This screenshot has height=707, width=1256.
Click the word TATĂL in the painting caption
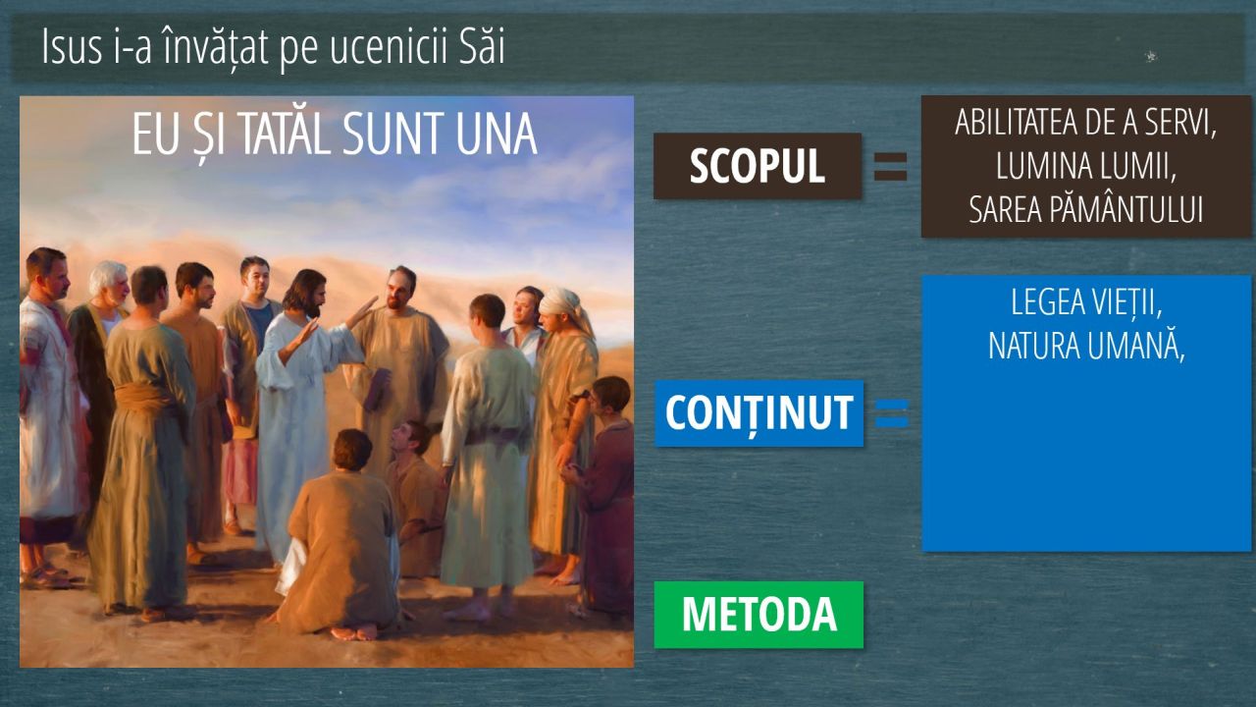pos(286,135)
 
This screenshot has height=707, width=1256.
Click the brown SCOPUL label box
pos(758,166)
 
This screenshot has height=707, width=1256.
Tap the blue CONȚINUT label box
pos(759,413)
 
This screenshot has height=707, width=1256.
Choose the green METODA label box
pos(759,615)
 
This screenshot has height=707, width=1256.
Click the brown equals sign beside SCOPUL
pos(890,167)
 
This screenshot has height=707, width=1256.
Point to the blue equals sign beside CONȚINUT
pos(892,413)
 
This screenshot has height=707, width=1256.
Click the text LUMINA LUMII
pos(1086,166)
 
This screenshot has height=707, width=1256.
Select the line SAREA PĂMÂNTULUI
pos(1086,210)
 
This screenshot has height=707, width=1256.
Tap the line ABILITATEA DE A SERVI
pos(1086,123)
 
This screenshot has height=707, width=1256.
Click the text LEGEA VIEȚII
pos(1086,303)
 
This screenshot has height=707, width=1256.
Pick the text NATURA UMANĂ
pos(1086,347)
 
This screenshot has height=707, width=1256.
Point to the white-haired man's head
pos(109,281)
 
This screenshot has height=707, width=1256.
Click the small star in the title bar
pos(1151,56)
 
